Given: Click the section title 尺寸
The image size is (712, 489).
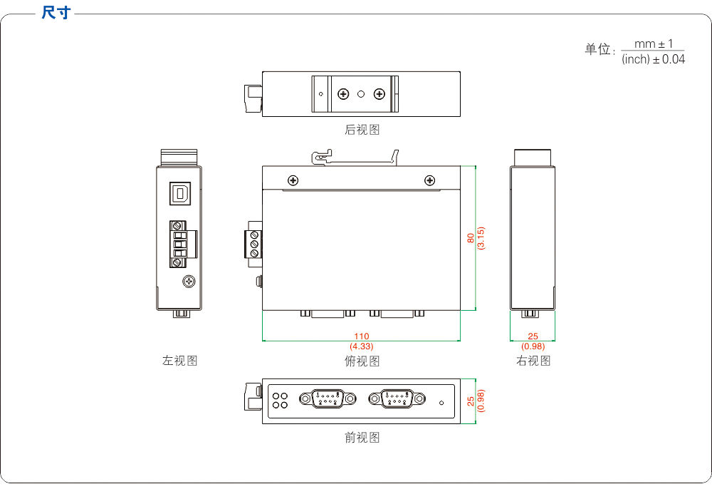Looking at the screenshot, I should coord(56,13).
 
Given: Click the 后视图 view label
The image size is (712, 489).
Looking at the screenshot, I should coord(362,130).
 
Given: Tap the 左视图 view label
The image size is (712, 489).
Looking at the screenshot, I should coord(179,361).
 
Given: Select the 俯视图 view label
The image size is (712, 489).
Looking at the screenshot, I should coord(362,361).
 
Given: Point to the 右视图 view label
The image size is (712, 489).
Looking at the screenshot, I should coord(533,361).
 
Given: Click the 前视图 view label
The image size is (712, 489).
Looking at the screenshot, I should coord(362,438).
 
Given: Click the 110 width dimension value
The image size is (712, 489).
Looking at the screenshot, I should coord(362,336).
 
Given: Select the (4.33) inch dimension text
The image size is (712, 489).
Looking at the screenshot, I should coord(362,346).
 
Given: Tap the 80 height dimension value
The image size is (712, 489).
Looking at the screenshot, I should coord(471,238).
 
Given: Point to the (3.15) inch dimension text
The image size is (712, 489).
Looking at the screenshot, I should coord(481,238).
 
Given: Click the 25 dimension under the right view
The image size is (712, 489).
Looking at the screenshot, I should coord(533,336).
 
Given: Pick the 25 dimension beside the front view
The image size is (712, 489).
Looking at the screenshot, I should coord(471,401).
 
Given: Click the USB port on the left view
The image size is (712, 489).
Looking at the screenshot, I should coord(180,193).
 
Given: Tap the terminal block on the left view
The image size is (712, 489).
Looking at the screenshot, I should coord(179,244).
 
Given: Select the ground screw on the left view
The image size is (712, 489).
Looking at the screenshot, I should coord(189,282).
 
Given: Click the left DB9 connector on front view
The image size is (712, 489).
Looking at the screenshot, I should coord(328,399).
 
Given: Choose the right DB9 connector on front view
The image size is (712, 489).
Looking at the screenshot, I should coord(397,399).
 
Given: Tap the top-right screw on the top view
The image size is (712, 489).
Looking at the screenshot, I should coord(429,180).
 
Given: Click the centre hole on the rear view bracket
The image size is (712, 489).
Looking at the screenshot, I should coord(361,94).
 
